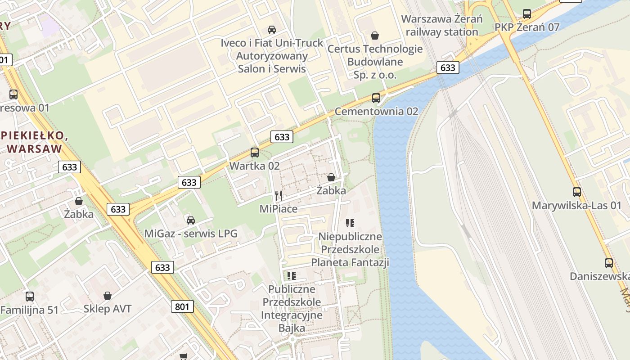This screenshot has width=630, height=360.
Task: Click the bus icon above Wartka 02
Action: pyautogui.click(x=255, y=152)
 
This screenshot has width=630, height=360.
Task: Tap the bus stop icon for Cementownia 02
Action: pyautogui.click(x=376, y=98)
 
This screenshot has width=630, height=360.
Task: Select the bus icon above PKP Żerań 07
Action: pyautogui.click(x=527, y=13)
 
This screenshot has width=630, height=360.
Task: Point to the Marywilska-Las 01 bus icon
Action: pyautogui.click(x=577, y=192)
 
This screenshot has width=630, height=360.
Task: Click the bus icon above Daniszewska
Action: pyautogui.click(x=609, y=263)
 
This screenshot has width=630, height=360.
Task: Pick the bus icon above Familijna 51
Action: pyautogui.click(x=30, y=297)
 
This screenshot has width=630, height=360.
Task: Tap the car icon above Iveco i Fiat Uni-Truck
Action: pyautogui.click(x=272, y=29)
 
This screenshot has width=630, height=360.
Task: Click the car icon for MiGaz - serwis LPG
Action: pyautogui.click(x=191, y=220)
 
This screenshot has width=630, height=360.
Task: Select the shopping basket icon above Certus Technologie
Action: pyautogui.click(x=375, y=35)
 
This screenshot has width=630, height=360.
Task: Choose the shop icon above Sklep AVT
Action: pyautogui.click(x=108, y=296)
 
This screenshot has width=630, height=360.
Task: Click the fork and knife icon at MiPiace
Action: pyautogui.click(x=279, y=195)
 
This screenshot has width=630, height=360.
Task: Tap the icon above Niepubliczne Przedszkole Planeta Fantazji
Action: pyautogui.click(x=350, y=223)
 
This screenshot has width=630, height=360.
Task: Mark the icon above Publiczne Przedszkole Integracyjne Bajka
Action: pyautogui.click(x=292, y=275)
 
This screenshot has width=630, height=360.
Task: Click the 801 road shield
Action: pyautogui.click(x=182, y=307)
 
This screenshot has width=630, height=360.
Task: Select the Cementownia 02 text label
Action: pyautogui.click(x=376, y=111)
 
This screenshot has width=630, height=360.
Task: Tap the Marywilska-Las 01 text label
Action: pyautogui.click(x=576, y=206)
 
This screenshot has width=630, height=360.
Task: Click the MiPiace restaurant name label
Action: pyautogui.click(x=279, y=209)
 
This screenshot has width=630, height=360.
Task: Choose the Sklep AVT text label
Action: pyautogui.click(x=108, y=309)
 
